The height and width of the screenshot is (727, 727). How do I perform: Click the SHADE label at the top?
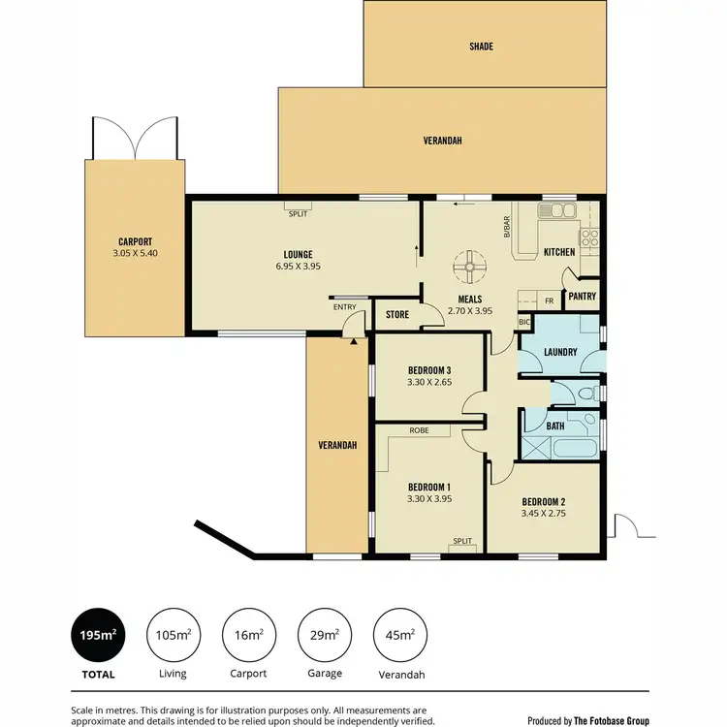482,46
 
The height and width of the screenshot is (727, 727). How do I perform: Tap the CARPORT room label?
135,242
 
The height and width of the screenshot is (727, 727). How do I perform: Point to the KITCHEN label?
559,252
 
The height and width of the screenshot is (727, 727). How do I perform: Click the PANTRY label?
583,297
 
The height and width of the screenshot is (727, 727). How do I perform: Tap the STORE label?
397,314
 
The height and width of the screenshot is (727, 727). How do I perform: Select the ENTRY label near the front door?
344,307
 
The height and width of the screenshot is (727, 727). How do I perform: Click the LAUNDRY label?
561,352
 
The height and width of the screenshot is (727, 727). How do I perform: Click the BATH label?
555,426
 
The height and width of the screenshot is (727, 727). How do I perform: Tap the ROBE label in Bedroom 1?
420,430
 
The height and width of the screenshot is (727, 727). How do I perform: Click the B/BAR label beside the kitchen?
506,226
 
